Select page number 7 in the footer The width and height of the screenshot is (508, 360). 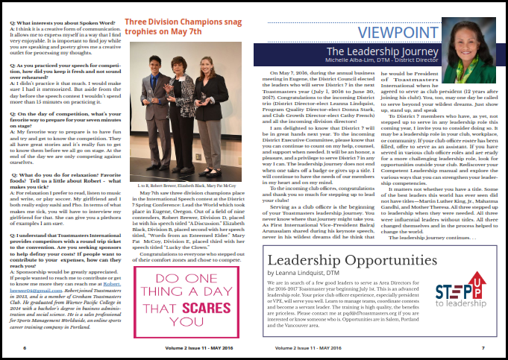click(483, 347)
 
